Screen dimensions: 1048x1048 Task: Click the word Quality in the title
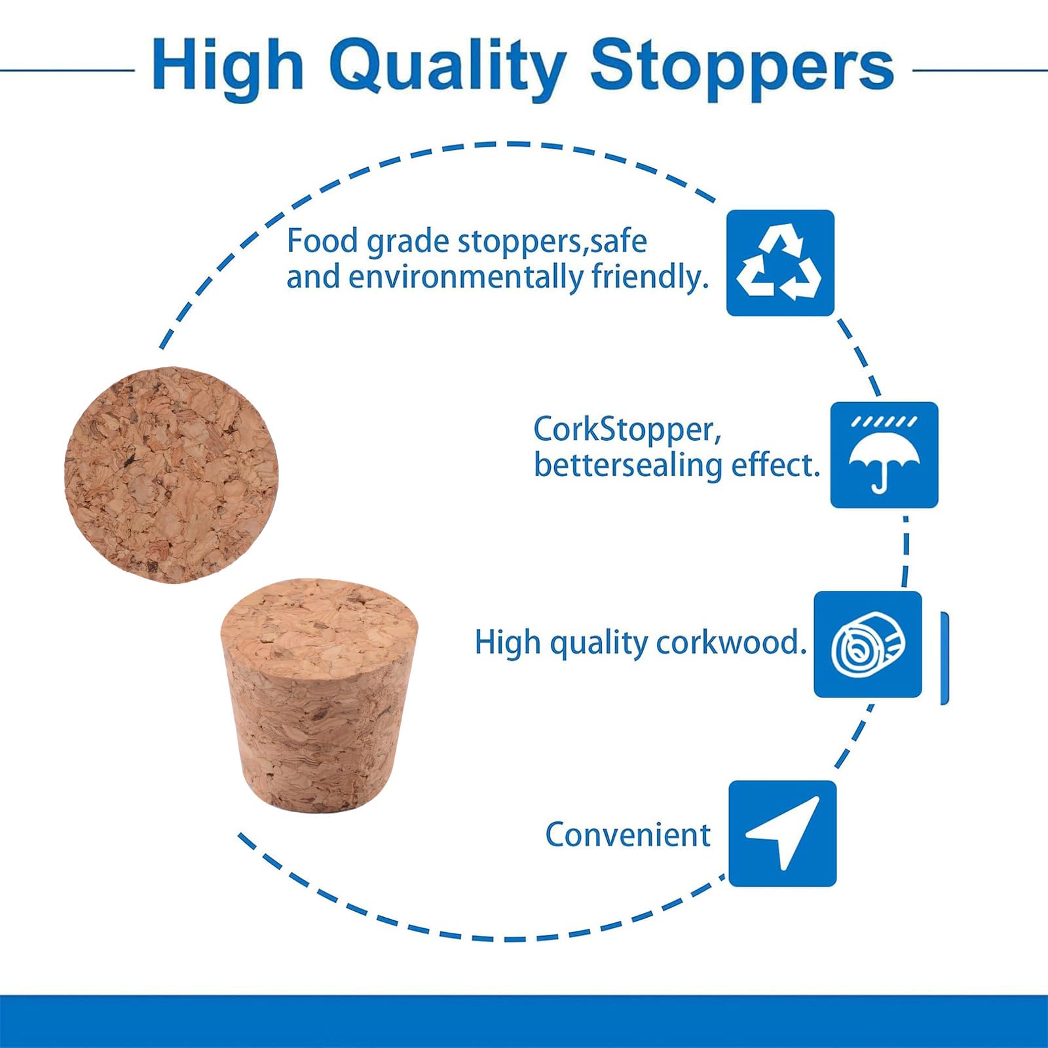click(447, 67)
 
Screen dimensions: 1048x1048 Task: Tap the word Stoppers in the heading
click(742, 67)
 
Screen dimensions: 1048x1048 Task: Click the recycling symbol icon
click(780, 263)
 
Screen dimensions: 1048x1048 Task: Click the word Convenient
click(627, 834)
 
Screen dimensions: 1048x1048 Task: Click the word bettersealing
click(628, 465)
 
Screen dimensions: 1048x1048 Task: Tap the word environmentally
click(466, 276)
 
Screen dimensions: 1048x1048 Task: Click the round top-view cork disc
click(171, 475)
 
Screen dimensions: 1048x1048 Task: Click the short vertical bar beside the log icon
click(945, 658)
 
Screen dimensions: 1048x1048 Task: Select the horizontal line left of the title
click(67, 69)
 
